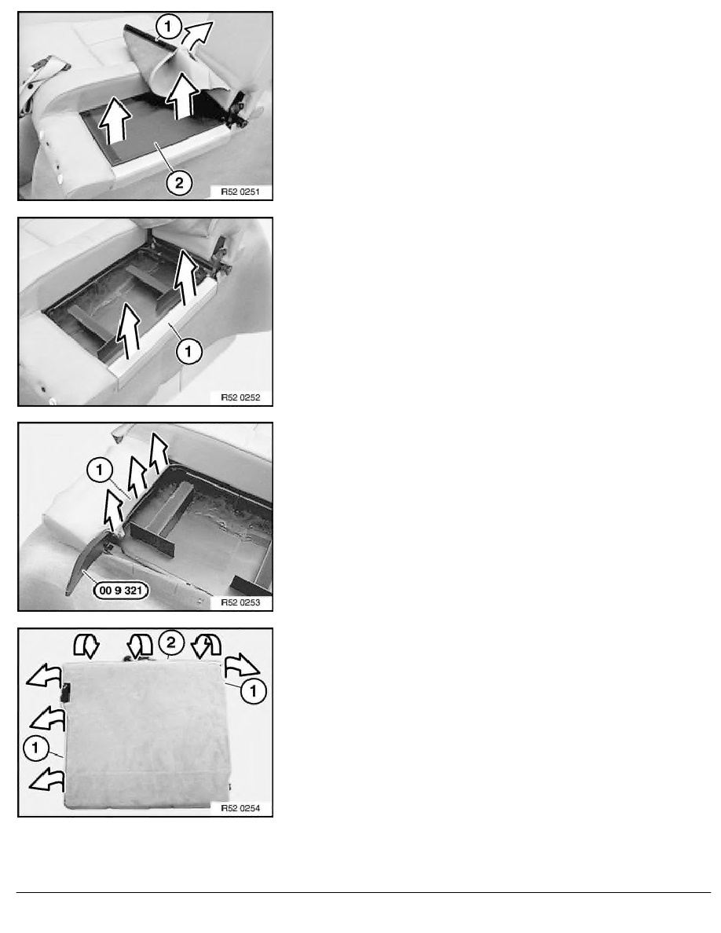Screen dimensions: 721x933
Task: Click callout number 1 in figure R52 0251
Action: (x=168, y=27)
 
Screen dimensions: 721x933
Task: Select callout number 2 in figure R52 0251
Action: (x=179, y=183)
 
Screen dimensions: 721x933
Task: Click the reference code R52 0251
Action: (x=240, y=192)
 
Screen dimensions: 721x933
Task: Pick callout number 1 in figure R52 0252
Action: (x=188, y=351)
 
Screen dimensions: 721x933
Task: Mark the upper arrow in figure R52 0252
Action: (x=186, y=276)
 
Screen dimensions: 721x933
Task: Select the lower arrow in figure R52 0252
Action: (x=128, y=331)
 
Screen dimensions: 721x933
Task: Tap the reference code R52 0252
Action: (x=240, y=397)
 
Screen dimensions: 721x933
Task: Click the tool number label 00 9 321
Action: (x=121, y=591)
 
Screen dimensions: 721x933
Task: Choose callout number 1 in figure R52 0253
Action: (x=99, y=470)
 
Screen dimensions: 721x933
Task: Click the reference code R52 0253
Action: (x=240, y=602)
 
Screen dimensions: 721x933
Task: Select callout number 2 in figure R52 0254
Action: (x=171, y=642)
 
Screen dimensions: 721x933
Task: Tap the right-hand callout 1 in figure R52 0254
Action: (x=254, y=691)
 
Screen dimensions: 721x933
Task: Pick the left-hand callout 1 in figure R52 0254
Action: (x=35, y=748)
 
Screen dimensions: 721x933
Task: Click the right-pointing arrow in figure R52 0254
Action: (x=241, y=664)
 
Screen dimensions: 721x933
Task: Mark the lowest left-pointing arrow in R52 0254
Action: (x=46, y=779)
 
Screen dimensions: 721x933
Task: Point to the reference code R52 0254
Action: (x=240, y=808)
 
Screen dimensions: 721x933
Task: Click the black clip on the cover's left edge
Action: (x=66, y=692)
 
